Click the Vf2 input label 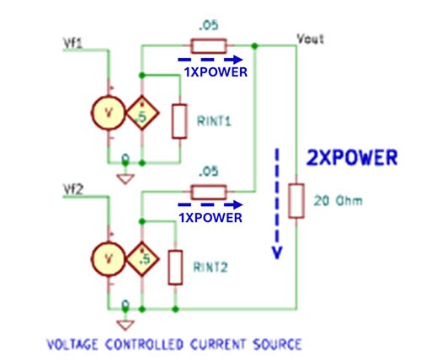click(x=73, y=187)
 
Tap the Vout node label click(x=309, y=39)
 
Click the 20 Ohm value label click(x=331, y=201)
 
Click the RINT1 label click(x=214, y=120)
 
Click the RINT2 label click(x=210, y=267)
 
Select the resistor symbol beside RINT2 click(x=175, y=267)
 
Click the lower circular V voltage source click(x=109, y=258)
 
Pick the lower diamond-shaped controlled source click(x=142, y=258)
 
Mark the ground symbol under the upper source click(x=124, y=177)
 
